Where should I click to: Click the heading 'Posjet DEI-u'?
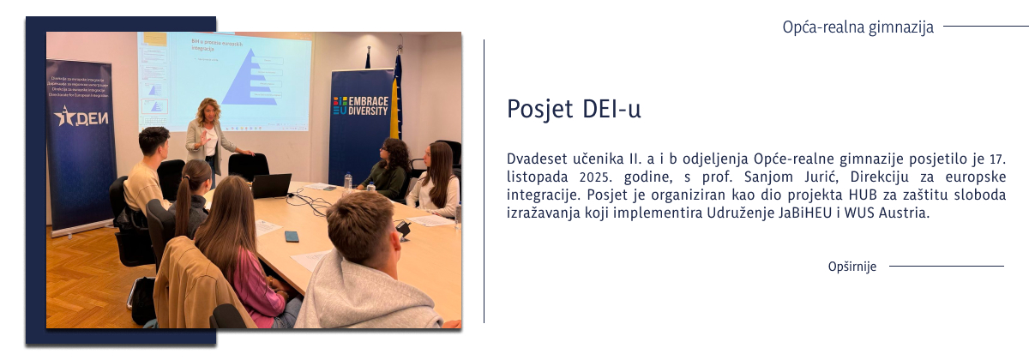pos(574,110)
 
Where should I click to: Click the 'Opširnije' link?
pos(852,267)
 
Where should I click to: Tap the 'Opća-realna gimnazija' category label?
pos(857,27)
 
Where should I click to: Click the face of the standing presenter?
pos(208,112)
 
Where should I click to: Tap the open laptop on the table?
pos(271,186)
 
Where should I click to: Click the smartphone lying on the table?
pos(292,236)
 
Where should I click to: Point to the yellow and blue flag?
pos(396,94)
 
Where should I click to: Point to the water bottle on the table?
pos(347,181)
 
